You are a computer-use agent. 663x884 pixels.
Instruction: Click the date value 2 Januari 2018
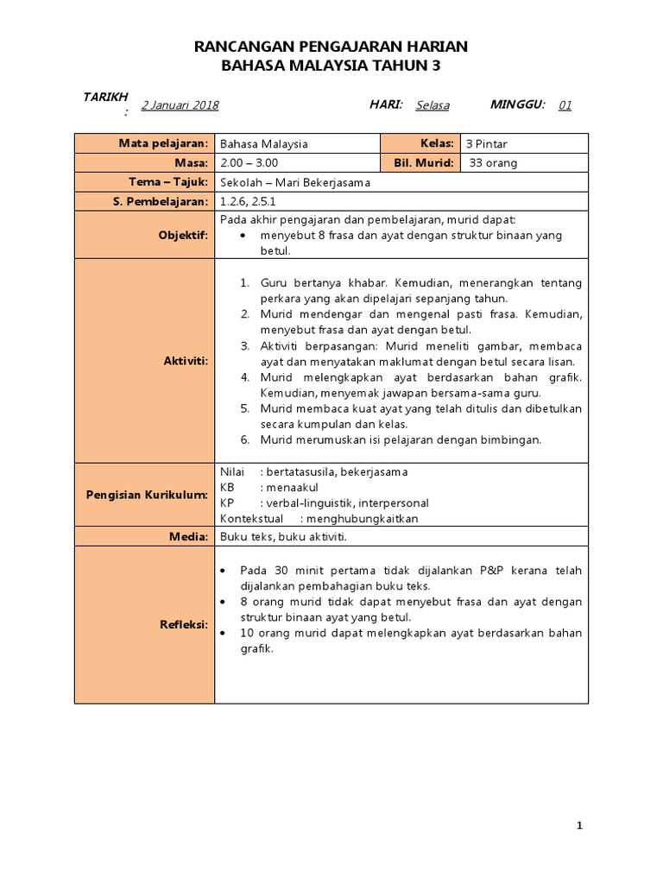point(180,105)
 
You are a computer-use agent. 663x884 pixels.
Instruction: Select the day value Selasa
point(433,105)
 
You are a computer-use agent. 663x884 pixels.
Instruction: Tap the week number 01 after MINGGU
point(565,105)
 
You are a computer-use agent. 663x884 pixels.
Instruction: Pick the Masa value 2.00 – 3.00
point(249,163)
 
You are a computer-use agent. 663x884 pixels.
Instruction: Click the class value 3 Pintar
point(492,144)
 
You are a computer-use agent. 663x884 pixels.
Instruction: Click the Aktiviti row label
point(186,360)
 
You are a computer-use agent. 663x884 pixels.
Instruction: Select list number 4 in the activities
point(245,377)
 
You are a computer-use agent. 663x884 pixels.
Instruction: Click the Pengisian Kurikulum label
point(147,496)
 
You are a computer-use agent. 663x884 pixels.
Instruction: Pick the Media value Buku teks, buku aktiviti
point(283,536)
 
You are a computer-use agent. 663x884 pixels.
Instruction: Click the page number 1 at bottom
point(580,826)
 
